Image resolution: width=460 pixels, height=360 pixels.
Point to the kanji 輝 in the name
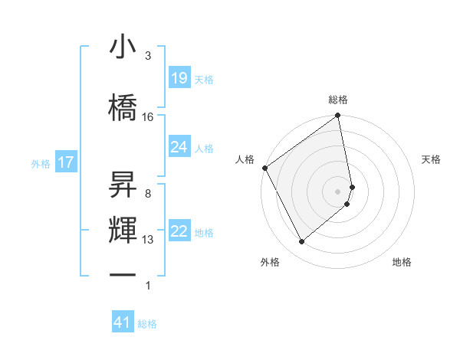pos(123,230)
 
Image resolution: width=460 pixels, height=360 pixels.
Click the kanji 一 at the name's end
pos(123,276)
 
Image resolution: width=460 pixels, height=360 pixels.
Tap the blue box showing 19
pos(179,78)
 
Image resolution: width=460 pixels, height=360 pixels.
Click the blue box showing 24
pos(179,147)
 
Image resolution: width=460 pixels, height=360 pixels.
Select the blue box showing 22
pos(179,232)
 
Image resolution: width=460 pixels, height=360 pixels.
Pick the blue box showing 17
pos(65,162)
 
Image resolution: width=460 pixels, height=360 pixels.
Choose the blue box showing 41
pos(123,322)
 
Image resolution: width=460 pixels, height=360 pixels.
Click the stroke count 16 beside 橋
pos(148,116)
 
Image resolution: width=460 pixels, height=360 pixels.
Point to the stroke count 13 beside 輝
pos(148,240)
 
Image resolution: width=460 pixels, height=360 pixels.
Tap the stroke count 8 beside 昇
pos(148,193)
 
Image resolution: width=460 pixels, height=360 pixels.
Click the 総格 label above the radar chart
pos(338,100)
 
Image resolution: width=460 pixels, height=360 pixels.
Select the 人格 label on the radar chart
pos(245,159)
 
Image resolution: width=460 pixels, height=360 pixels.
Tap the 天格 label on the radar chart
pos(432,159)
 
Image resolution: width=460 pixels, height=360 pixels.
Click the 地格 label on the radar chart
pos(402,262)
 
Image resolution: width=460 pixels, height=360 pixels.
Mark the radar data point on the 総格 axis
pos(338,116)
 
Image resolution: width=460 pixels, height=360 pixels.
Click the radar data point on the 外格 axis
pos(302,242)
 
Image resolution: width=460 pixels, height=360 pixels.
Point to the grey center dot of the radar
pos(338,191)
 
